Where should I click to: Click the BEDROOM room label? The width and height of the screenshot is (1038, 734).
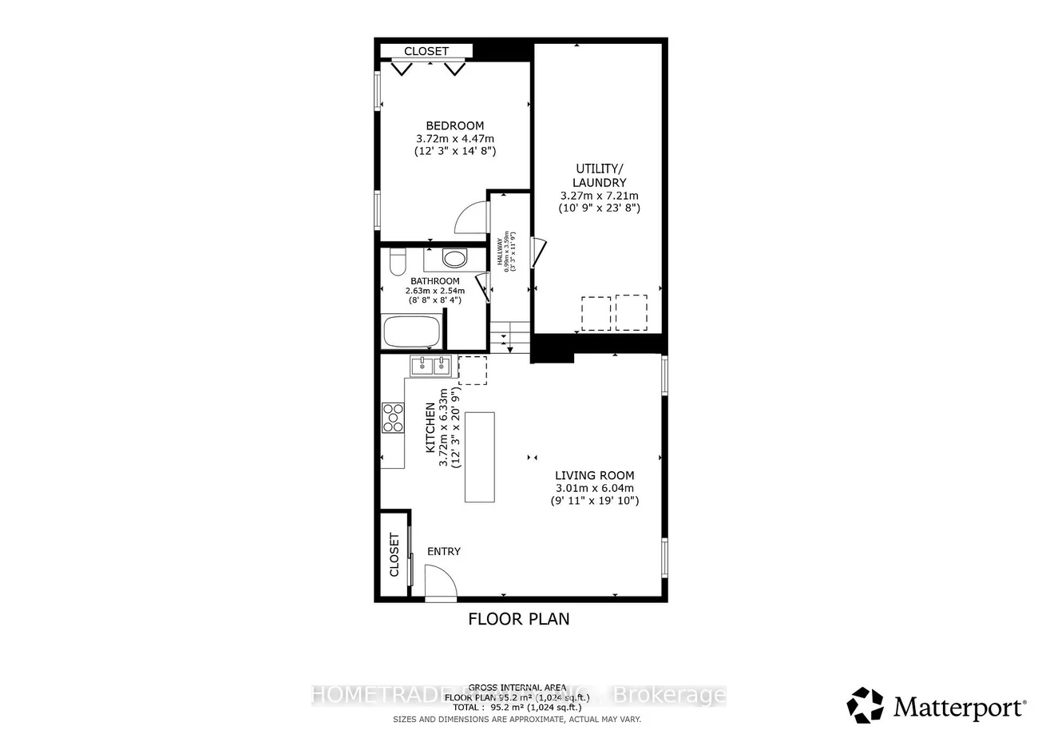[454, 125]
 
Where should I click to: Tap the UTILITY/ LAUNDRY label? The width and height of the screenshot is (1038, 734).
[598, 176]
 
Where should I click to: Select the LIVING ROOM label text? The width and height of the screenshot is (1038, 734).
[594, 475]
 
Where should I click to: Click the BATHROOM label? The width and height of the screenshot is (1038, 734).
[434, 281]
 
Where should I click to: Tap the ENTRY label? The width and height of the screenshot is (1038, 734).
[444, 551]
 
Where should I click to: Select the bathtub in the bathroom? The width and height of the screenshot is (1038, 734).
[411, 331]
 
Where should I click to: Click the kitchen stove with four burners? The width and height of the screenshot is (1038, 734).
[393, 417]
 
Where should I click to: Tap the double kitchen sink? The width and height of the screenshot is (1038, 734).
[431, 366]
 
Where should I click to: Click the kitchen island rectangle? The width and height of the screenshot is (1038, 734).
[480, 457]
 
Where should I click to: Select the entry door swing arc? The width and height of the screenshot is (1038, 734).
[440, 581]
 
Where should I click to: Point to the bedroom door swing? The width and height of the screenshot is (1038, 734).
[470, 216]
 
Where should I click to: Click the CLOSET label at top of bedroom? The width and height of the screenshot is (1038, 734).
[426, 51]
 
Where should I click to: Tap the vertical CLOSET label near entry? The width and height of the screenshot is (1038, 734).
[394, 555]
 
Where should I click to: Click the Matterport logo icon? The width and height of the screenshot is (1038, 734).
[865, 705]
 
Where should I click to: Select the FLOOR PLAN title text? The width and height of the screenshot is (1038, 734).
[518, 618]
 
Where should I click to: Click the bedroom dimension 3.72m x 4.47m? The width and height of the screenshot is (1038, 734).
[454, 138]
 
